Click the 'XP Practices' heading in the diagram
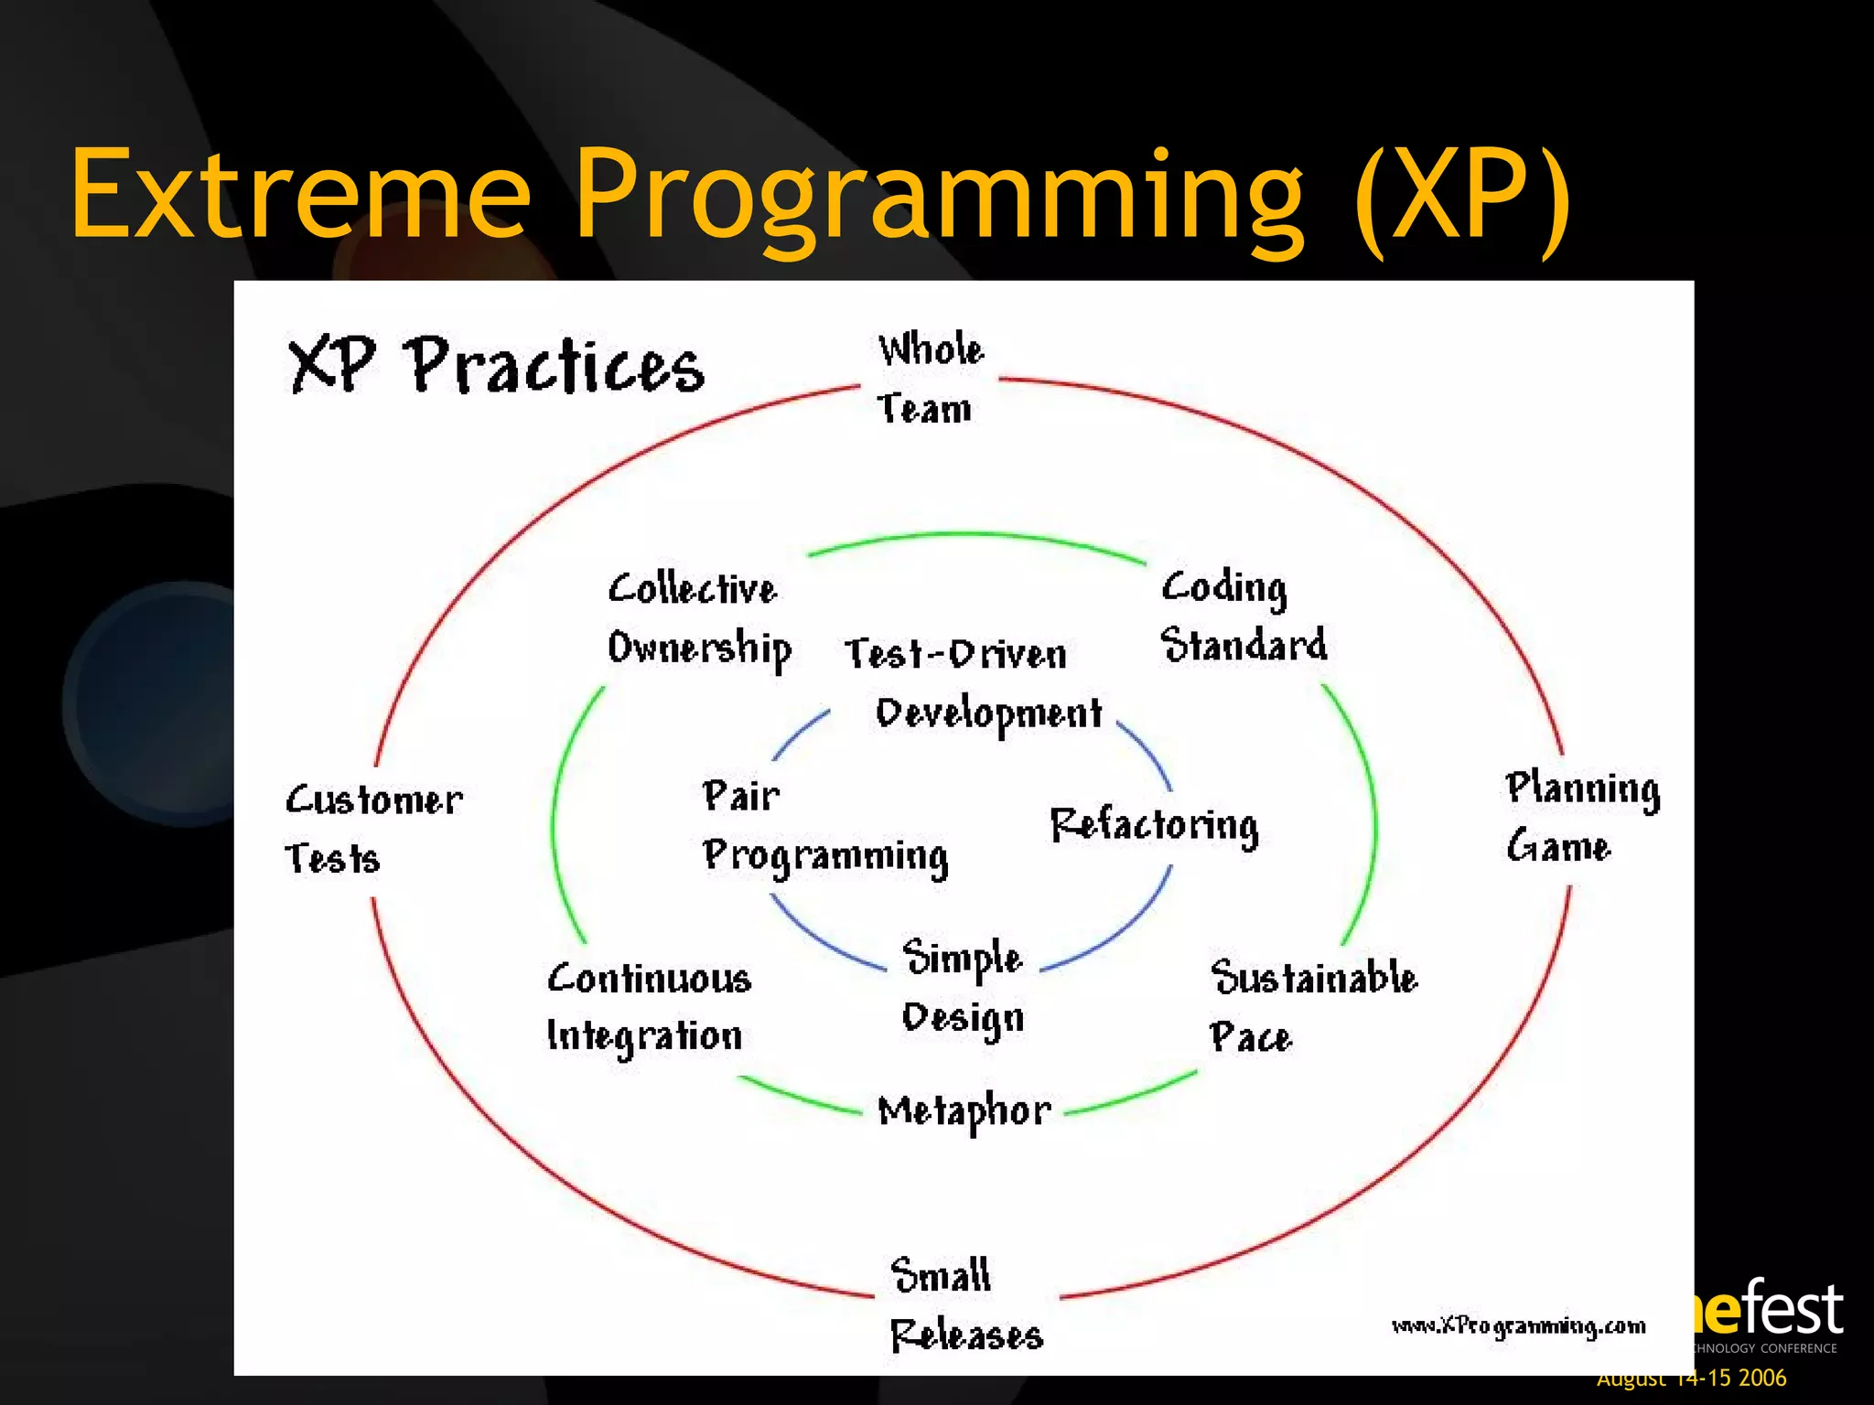point(496,366)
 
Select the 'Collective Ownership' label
point(699,618)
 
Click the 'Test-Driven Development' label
point(972,684)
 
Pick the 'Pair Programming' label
point(824,827)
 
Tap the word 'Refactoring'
point(1153,825)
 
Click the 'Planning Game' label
point(1581,817)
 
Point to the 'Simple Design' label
point(962,988)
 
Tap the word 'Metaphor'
point(964,1111)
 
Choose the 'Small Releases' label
point(964,1305)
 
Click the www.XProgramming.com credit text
point(1517,1326)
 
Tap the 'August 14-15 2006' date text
point(1691,1378)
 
